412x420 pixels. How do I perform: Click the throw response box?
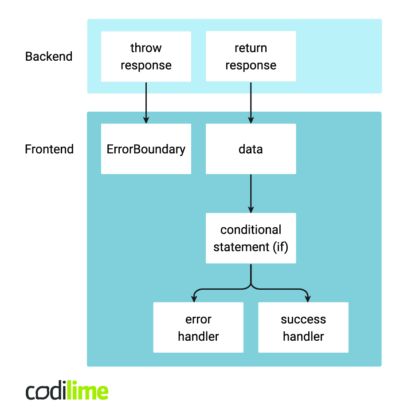pyautogui.click(x=146, y=56)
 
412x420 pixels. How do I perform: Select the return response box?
pyautogui.click(x=251, y=56)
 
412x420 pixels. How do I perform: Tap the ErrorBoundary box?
pyautogui.click(x=146, y=149)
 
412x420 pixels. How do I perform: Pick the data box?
pyautogui.click(x=251, y=149)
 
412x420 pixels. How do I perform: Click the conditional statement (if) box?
pyautogui.click(x=251, y=238)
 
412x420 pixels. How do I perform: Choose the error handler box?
pyautogui.click(x=198, y=327)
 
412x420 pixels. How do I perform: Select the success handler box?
pyautogui.click(x=303, y=327)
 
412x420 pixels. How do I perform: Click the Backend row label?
pyautogui.click(x=49, y=57)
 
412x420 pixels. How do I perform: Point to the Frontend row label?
pyautogui.click(x=49, y=149)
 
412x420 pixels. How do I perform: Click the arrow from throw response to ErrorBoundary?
pyautogui.click(x=146, y=102)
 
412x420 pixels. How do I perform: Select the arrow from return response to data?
pyautogui.click(x=251, y=102)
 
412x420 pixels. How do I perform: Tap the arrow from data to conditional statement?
pyautogui.click(x=251, y=193)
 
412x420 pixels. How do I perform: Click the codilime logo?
pyautogui.click(x=67, y=392)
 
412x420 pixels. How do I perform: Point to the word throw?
pyautogui.click(x=146, y=48)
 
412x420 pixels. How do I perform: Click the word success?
pyautogui.click(x=303, y=319)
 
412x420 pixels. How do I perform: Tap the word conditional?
pyautogui.click(x=251, y=230)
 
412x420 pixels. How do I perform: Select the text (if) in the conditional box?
pyautogui.click(x=281, y=247)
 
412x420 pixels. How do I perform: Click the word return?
pyautogui.click(x=251, y=48)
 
